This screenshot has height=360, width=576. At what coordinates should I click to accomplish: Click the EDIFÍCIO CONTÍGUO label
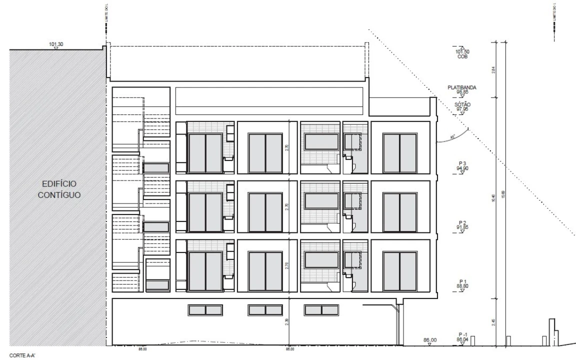tap(59, 188)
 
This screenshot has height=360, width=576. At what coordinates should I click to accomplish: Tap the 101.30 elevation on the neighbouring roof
tap(56, 44)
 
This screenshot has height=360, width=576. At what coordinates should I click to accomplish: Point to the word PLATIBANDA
tap(461, 87)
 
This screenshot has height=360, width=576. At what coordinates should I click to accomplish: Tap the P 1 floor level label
tap(461, 281)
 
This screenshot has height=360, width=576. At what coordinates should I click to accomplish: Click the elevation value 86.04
tap(461, 339)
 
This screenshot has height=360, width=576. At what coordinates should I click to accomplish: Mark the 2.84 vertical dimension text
tap(493, 70)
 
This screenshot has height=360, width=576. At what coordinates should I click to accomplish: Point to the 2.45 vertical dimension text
tap(493, 323)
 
